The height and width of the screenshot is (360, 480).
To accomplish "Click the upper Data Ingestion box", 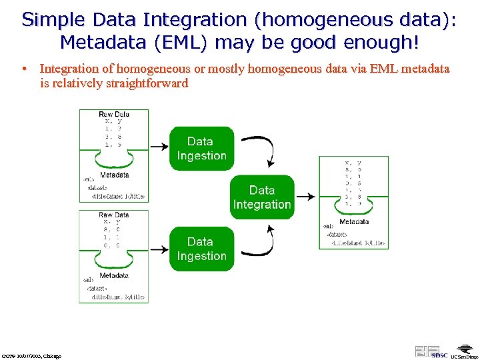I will point(201,149).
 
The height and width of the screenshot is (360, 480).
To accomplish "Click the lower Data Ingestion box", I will point(201,249).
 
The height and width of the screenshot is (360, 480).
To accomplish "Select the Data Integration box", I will point(262,197).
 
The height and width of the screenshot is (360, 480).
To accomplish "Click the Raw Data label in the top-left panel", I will point(114,114).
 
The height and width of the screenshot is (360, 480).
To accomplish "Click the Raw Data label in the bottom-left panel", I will point(114,215).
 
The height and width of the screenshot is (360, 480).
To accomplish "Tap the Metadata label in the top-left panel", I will point(114,175).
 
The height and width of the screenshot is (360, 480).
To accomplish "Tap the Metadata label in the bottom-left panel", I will point(114,275).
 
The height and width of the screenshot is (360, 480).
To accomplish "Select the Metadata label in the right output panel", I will point(353,221).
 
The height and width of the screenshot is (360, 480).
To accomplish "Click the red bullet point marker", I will point(23,69).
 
